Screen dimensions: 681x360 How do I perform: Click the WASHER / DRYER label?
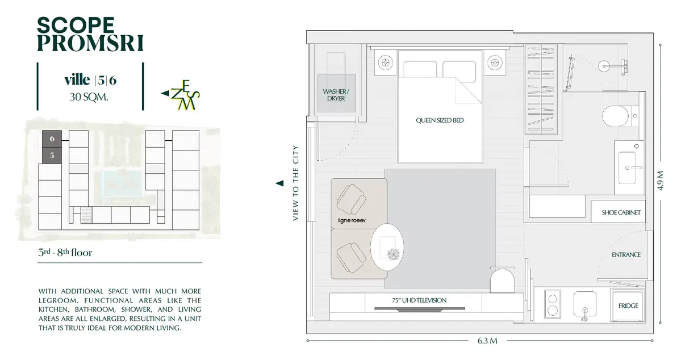pyautogui.click(x=336, y=95)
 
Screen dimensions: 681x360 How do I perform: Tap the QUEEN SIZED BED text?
pyautogui.click(x=440, y=120)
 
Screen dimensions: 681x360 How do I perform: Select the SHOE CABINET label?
pyautogui.click(x=621, y=212)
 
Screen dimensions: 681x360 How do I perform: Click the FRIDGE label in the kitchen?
pyautogui.click(x=628, y=305)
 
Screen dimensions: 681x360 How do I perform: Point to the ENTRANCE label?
pyautogui.click(x=626, y=254)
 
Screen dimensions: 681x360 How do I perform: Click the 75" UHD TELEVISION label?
pyautogui.click(x=419, y=300)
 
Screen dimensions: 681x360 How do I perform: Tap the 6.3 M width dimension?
pyautogui.click(x=487, y=341)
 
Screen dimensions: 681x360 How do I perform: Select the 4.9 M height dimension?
pyautogui.click(x=661, y=181)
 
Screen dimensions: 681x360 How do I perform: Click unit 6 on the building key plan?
pyautogui.click(x=52, y=139)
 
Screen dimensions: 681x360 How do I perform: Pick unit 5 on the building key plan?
pyautogui.click(x=52, y=156)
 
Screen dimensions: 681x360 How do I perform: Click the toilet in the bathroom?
pyautogui.click(x=616, y=116)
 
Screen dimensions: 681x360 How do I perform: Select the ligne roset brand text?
pyautogui.click(x=352, y=221)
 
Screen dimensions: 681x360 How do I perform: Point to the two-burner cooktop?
pyautogui.click(x=553, y=304)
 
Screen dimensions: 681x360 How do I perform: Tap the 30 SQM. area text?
pyautogui.click(x=89, y=97)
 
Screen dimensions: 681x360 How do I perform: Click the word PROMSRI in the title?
pyautogui.click(x=90, y=43)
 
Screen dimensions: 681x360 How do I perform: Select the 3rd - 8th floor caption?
pyautogui.click(x=65, y=252)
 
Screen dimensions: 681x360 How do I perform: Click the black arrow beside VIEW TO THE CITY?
pyautogui.click(x=279, y=183)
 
